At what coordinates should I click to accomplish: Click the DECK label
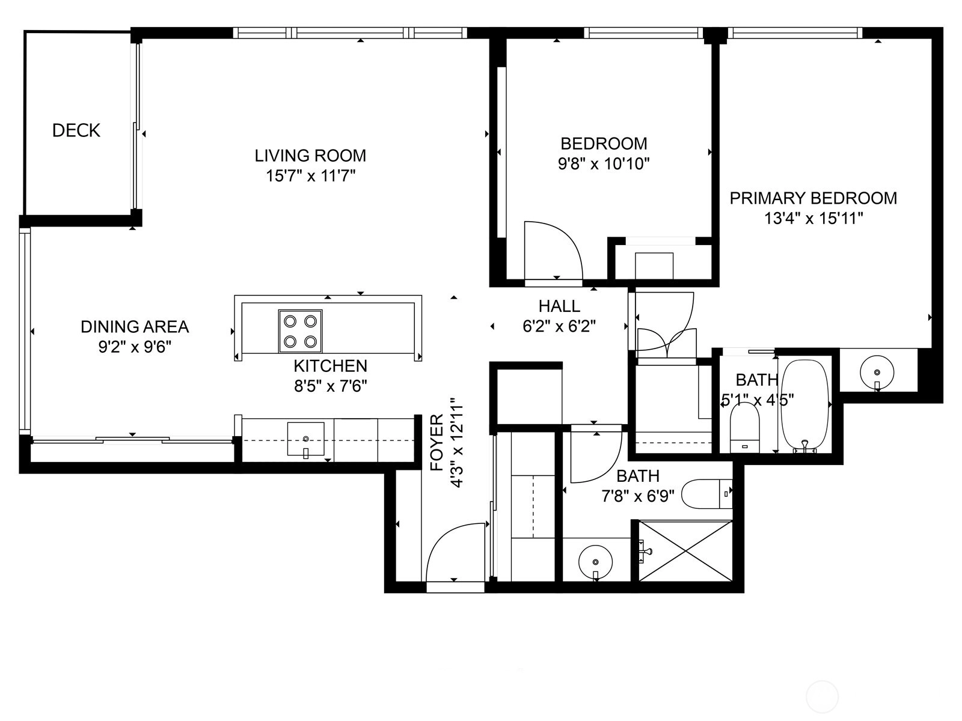coord(76,130)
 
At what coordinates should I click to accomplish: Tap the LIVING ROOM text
coord(310,156)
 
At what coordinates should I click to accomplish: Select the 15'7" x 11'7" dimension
coord(310,176)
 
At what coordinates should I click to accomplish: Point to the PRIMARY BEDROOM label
coord(813,198)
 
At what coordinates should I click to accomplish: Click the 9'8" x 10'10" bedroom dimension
coord(604,163)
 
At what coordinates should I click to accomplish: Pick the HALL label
coord(559,306)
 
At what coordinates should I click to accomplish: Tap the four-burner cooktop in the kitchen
coord(300,332)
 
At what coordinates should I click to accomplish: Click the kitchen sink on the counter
coord(306,439)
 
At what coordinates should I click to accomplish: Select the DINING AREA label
coord(135,327)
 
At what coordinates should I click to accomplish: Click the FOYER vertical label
coord(437,443)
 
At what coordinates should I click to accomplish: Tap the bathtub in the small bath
coord(805,406)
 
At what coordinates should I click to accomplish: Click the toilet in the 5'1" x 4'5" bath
coord(744,427)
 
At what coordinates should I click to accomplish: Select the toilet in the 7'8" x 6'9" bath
coord(707,494)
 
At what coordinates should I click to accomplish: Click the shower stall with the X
coord(685,551)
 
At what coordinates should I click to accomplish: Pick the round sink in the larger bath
coord(595,562)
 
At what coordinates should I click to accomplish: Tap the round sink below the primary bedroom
coord(877,373)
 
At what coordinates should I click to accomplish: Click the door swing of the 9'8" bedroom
coord(554,251)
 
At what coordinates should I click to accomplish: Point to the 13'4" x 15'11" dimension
coord(813,218)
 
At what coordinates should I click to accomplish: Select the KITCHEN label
coord(331,366)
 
